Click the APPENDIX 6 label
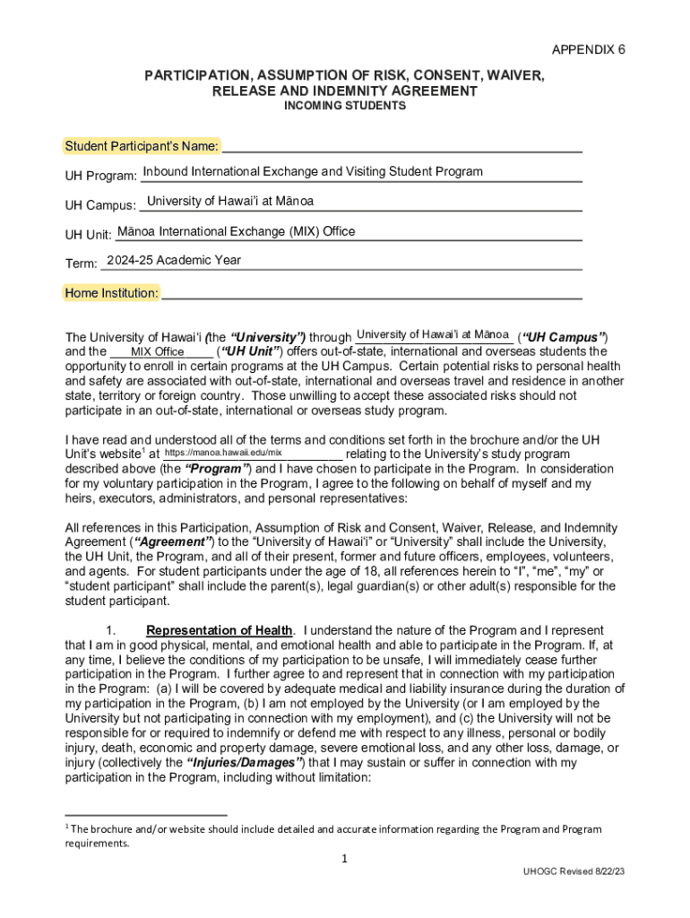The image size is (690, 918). coord(588,49)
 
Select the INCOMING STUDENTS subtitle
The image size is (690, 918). coord(345,106)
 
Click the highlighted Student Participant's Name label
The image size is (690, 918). coord(142,146)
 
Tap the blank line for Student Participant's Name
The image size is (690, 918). coord(402,147)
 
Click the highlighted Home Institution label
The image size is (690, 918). coord(112,293)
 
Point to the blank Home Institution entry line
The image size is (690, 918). coord(372,293)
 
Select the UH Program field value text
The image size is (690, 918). coord(313,171)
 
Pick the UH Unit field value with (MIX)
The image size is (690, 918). coord(236,231)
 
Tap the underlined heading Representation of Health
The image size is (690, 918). coord(219,630)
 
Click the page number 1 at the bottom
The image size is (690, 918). coord(345,859)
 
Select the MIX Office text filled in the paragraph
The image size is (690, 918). coord(158,351)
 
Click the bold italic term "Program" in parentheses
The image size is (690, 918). coord(218,469)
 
